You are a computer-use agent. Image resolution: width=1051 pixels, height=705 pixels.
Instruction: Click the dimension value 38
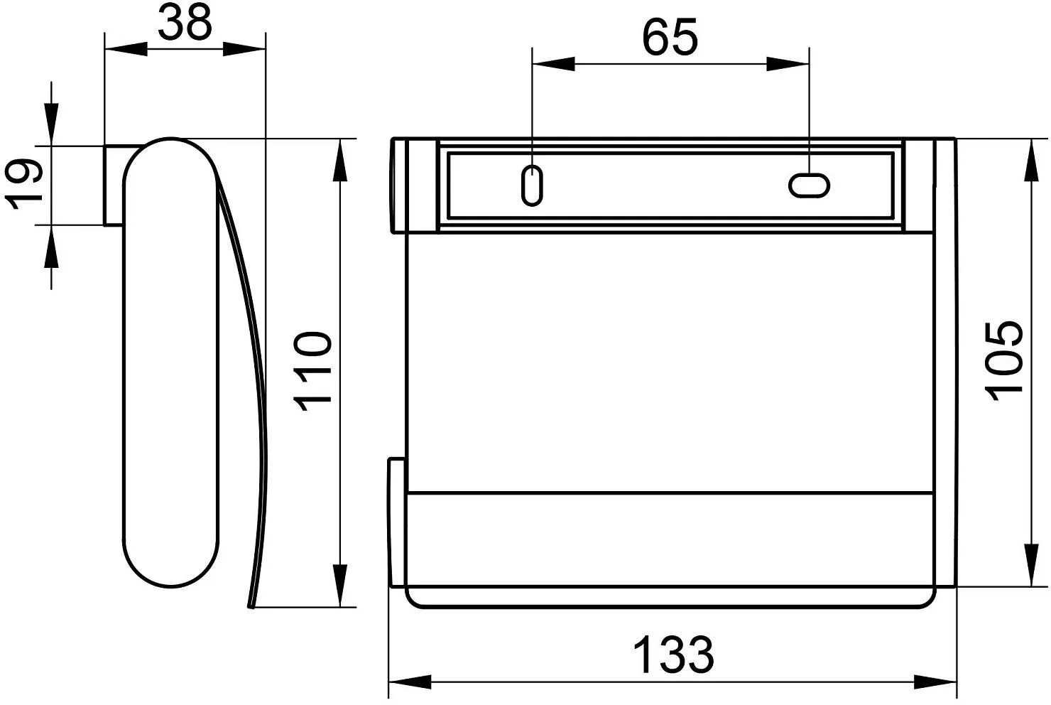[x=185, y=22]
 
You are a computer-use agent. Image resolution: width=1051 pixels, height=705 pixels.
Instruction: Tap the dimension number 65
[x=670, y=37]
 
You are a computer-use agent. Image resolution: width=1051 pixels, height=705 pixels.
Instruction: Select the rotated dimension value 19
[x=24, y=183]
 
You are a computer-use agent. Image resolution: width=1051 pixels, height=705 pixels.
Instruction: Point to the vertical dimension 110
[x=313, y=371]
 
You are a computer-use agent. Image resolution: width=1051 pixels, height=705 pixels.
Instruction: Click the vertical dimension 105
[x=1003, y=361]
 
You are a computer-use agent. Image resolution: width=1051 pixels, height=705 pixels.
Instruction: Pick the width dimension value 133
[x=674, y=655]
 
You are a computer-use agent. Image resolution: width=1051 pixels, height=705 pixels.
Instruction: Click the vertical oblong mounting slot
[x=532, y=185]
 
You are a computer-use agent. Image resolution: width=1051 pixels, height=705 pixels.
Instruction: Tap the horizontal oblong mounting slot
[x=809, y=185]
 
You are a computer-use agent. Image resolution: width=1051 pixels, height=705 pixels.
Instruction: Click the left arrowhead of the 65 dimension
[x=554, y=64]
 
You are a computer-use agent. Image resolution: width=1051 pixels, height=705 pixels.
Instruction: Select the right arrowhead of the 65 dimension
[x=788, y=64]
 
